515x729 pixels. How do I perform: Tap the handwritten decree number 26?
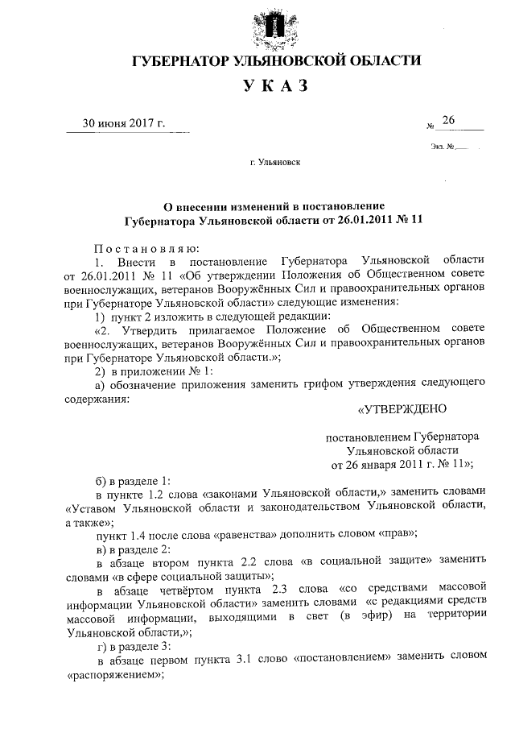click(x=448, y=121)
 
